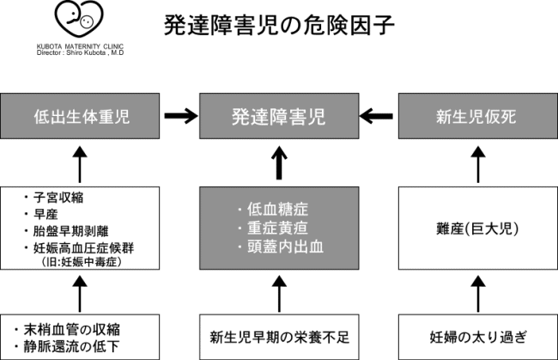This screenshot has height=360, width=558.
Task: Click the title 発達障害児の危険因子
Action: [279, 25]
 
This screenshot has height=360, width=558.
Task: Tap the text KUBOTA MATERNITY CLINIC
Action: [80, 46]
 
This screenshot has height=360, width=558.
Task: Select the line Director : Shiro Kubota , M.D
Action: [80, 52]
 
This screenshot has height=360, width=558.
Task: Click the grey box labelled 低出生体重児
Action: [80, 116]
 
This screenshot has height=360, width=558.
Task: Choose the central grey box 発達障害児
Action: [279, 116]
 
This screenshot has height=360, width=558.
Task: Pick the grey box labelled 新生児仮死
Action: [478, 116]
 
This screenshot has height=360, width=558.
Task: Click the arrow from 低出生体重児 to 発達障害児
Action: [181, 116]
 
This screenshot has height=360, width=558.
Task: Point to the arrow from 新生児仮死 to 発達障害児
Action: [377, 116]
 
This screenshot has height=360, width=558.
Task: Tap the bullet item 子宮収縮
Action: [54, 198]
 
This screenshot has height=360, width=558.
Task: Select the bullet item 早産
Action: [41, 214]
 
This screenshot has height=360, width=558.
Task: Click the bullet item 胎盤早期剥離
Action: [67, 231]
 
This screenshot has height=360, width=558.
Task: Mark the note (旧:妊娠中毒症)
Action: [82, 262]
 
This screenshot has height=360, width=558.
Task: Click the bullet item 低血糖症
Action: [273, 209]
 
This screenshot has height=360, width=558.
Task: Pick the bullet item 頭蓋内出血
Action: [281, 247]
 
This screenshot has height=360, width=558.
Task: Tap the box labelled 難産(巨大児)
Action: [478, 228]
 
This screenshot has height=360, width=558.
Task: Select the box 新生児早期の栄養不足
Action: [279, 337]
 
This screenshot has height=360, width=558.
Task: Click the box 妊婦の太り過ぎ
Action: [478, 337]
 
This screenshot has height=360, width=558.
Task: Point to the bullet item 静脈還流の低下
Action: [67, 346]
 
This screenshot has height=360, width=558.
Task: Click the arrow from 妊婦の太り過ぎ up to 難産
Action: [478, 294]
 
